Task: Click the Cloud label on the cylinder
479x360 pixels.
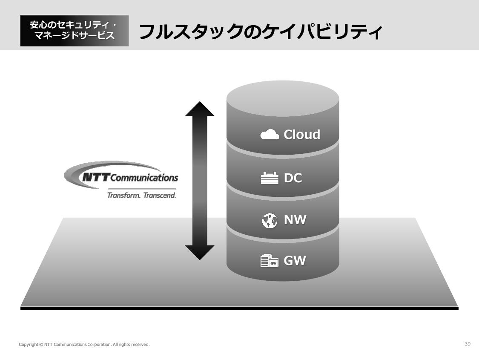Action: click(x=302, y=134)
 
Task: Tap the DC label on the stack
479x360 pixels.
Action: click(x=293, y=178)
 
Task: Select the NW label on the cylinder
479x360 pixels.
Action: click(x=295, y=220)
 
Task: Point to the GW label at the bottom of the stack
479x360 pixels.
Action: click(x=295, y=260)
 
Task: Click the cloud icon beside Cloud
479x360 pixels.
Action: click(x=270, y=135)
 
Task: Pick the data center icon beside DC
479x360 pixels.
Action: click(x=269, y=178)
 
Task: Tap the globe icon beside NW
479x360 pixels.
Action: click(x=270, y=220)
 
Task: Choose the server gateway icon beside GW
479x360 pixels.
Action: click(x=269, y=261)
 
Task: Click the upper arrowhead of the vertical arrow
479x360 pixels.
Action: click(x=200, y=109)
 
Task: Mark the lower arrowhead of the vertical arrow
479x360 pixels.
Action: click(x=200, y=252)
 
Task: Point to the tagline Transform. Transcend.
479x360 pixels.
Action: click(x=141, y=196)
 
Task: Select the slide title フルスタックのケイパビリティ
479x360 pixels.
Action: click(x=260, y=32)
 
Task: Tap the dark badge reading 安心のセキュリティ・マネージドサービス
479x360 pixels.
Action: click(x=74, y=31)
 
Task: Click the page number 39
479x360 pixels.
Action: click(x=468, y=344)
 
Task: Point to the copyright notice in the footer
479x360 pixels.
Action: click(x=84, y=344)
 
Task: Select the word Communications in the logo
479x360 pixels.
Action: click(x=144, y=177)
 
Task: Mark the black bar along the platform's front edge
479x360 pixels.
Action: click(x=239, y=308)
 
